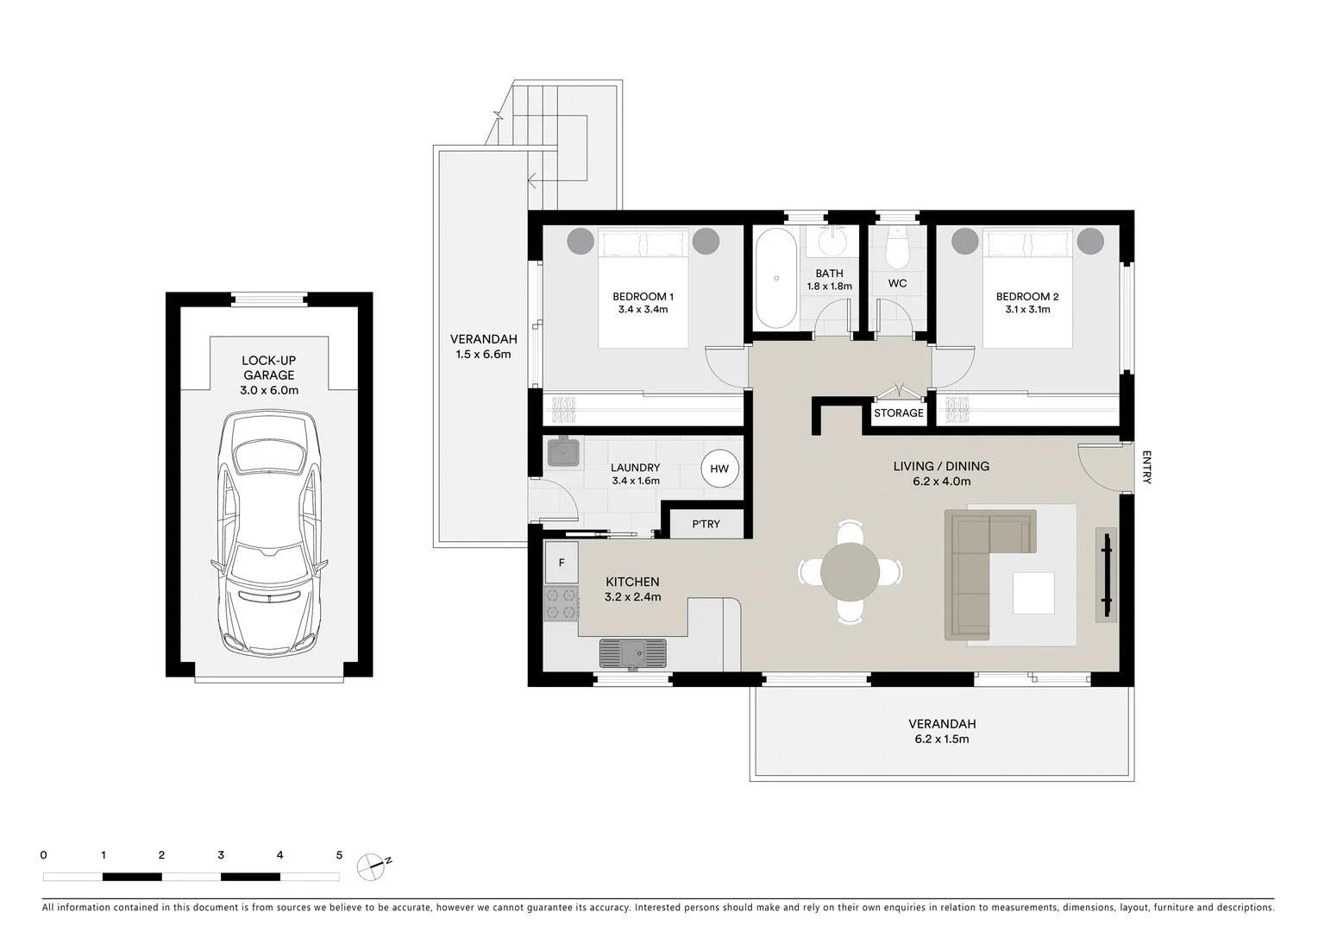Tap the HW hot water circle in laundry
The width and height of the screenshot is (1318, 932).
719,469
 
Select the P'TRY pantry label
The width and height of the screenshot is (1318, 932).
706,524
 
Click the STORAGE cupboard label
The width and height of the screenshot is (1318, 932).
898,413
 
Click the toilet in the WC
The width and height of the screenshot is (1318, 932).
897,247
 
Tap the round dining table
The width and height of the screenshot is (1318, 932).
850,571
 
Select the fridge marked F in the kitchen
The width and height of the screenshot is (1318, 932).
562,563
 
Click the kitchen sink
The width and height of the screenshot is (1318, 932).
633,652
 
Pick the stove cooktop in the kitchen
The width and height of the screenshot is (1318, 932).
560,604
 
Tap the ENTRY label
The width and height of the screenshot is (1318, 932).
1146,467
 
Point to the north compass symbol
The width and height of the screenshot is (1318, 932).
372,865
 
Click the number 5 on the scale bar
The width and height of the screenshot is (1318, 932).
339,855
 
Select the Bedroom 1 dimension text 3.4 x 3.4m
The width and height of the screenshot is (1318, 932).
643,310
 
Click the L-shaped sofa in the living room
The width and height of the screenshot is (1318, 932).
983,570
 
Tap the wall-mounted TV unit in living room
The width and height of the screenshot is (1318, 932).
1106,574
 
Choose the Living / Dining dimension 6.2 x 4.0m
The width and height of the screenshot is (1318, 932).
941,482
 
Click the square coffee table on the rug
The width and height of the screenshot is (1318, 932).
1033,593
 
